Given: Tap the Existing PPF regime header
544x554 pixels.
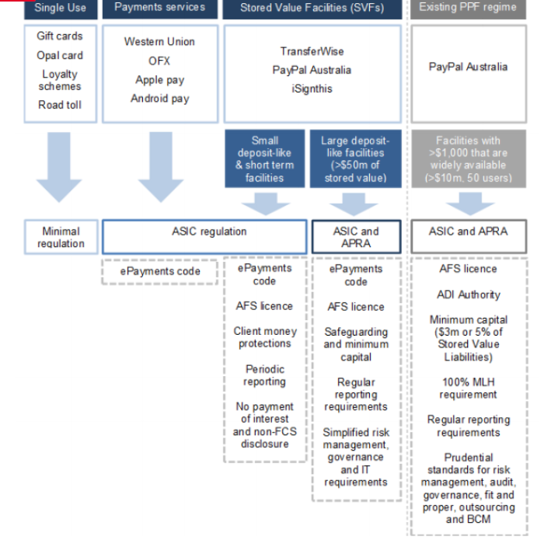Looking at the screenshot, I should click(469, 8).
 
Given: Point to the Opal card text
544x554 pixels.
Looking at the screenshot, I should click(60, 55).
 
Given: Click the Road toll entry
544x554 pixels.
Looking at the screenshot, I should click(60, 105).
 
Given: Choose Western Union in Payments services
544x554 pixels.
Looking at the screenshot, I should click(159, 41).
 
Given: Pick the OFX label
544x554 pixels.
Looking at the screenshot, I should click(159, 61).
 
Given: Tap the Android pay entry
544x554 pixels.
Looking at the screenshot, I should click(159, 99).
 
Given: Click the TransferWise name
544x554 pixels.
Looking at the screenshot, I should click(312, 51).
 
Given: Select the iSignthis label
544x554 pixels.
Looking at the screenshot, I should click(312, 89).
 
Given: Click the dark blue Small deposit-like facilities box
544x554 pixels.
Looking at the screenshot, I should click(265, 159).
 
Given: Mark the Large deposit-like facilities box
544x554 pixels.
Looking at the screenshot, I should click(355, 159).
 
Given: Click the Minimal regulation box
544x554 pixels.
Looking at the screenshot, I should click(60, 237).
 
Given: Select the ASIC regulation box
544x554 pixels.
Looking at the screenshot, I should click(204, 232).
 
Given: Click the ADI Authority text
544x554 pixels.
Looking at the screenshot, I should click(468, 294).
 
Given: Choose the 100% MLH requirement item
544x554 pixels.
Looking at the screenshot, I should click(468, 388).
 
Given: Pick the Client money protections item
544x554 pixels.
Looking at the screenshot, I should click(264, 337).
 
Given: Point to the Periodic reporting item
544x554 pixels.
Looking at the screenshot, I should click(264, 375).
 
